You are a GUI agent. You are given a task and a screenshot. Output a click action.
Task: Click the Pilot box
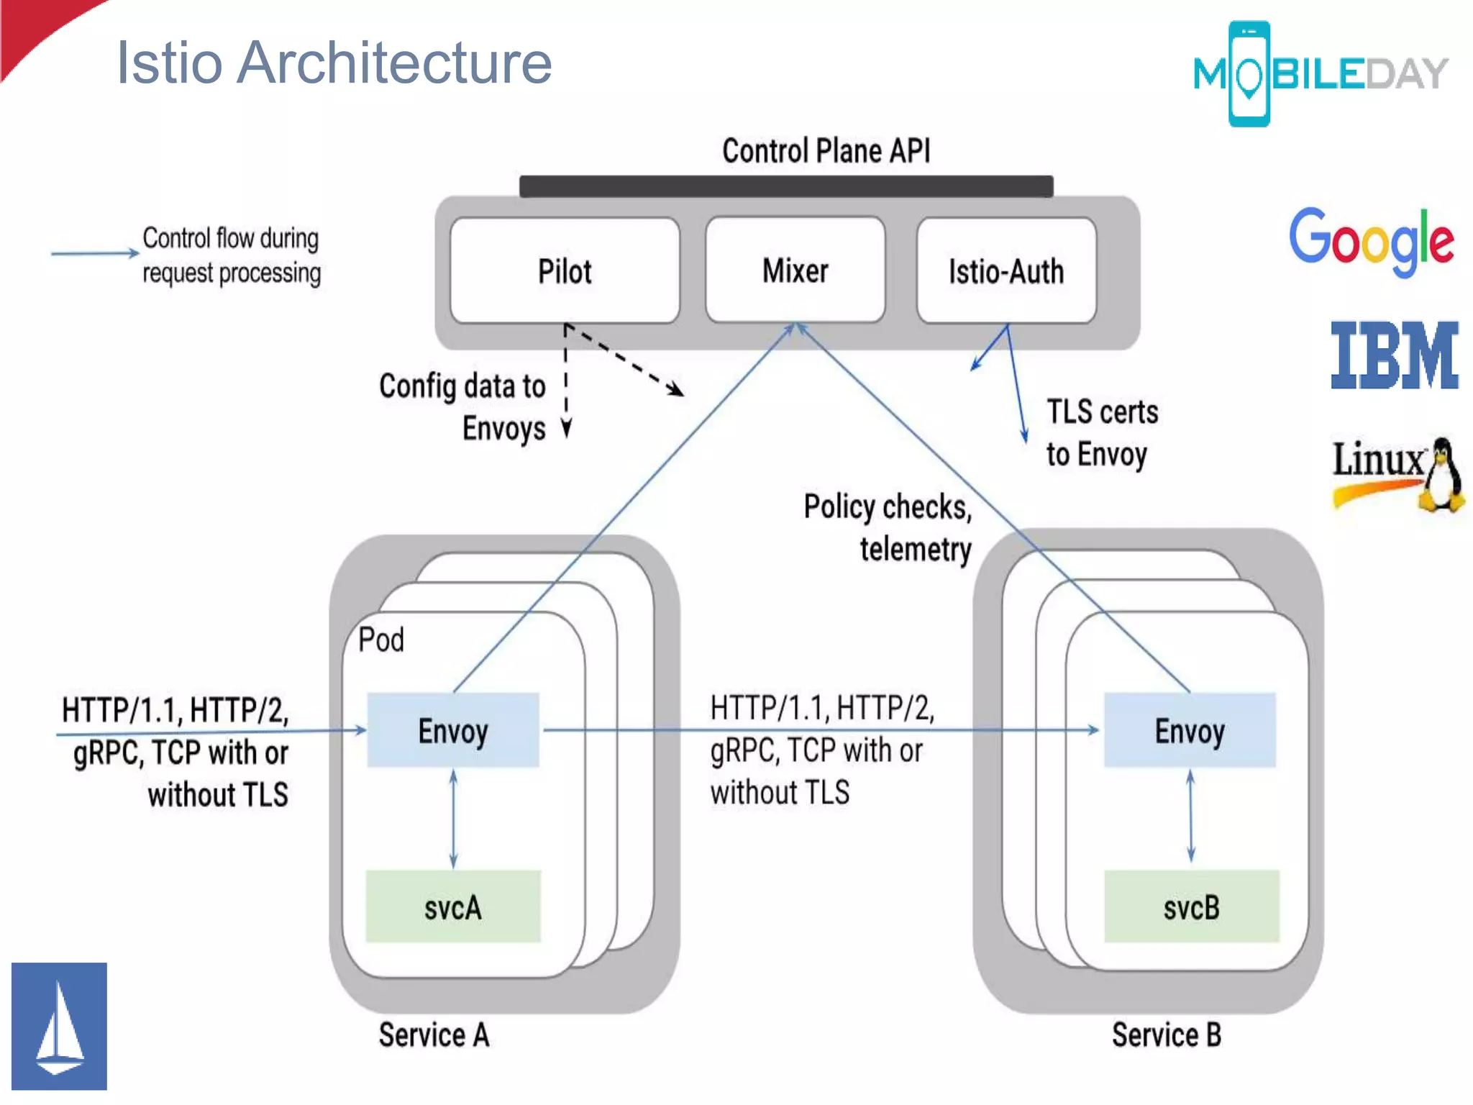tap(565, 271)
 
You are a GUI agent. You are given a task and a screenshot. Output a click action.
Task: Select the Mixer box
tap(795, 270)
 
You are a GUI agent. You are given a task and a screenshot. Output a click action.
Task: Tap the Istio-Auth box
tap(1005, 271)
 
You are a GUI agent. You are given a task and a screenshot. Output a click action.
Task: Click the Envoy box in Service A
tap(453, 730)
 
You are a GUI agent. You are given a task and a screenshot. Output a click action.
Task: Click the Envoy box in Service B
tap(1190, 730)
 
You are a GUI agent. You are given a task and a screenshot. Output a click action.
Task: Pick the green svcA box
tap(453, 906)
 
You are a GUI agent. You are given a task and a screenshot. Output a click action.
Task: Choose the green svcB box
tap(1192, 906)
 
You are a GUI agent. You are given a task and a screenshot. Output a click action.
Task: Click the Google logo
tap(1371, 241)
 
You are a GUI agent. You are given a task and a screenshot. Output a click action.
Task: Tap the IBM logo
tap(1394, 355)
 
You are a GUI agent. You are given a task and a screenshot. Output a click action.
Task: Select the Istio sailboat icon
tap(59, 1026)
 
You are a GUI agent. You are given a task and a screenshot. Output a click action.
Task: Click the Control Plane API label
tap(826, 151)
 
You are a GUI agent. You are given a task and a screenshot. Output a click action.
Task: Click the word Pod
tap(381, 640)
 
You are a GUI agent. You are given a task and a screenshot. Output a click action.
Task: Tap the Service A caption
tap(434, 1035)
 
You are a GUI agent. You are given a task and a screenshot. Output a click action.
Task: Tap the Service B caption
tap(1166, 1035)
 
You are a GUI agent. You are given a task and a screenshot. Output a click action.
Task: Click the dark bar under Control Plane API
tap(786, 186)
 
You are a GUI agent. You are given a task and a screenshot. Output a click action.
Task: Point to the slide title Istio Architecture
tap(334, 63)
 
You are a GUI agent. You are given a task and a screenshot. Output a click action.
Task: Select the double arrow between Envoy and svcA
tap(453, 819)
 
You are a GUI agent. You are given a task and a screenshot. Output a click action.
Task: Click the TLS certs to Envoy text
tap(1100, 433)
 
